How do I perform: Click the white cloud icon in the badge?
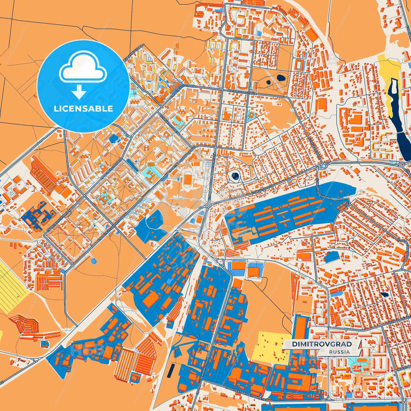(83, 67)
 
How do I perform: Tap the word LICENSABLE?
(83, 109)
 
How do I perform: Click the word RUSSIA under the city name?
(340, 352)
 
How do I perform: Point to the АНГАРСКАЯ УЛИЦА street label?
(242, 91)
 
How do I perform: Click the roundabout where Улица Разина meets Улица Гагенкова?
(323, 166)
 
